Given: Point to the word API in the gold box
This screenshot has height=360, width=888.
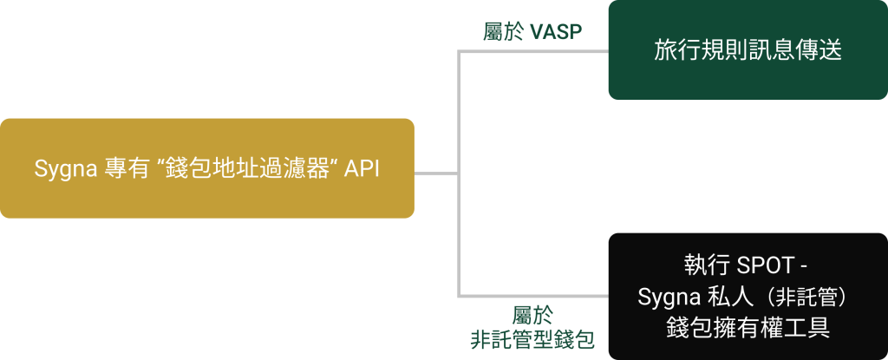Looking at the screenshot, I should coord(362,168).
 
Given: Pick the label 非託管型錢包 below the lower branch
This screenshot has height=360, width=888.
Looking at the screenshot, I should coord(532,339).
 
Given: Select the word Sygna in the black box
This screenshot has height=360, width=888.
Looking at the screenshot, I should coord(669,297).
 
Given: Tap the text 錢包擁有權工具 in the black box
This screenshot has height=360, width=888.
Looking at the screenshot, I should coord(748,328).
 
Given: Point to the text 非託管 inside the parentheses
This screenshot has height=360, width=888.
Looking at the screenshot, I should coord(806,297).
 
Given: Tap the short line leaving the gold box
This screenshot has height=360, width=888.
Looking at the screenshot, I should coord(435,173).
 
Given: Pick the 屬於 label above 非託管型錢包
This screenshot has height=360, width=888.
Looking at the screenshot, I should coord(532,314).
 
